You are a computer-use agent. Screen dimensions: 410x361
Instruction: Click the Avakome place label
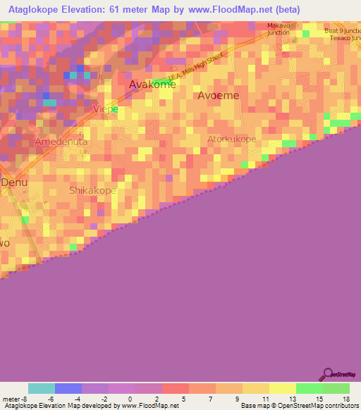click(151, 85)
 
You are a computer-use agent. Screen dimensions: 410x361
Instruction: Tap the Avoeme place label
click(218, 95)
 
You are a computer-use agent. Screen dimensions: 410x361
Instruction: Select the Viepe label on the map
click(105, 109)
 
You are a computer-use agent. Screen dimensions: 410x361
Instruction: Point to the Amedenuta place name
click(61, 142)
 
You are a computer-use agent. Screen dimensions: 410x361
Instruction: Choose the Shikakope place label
click(92, 190)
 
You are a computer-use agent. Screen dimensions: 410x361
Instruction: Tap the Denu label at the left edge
click(13, 182)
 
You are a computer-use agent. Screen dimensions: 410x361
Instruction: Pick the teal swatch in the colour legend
click(42, 388)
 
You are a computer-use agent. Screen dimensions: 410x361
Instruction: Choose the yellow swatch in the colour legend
click(282, 388)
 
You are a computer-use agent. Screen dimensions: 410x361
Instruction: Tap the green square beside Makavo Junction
click(306, 33)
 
